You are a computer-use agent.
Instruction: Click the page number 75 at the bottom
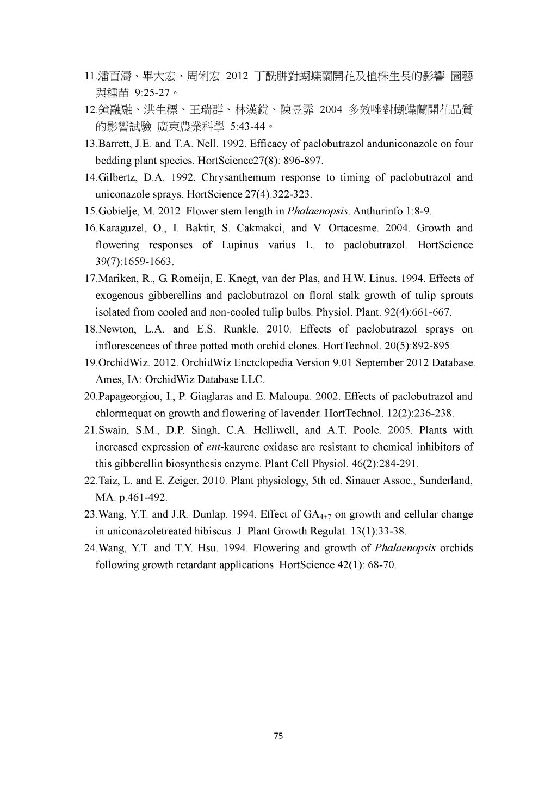pyautogui.click(x=278, y=736)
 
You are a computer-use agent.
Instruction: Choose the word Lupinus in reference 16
pyautogui.click(x=240, y=245)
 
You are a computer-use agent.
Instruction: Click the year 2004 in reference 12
pyautogui.click(x=331, y=110)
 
